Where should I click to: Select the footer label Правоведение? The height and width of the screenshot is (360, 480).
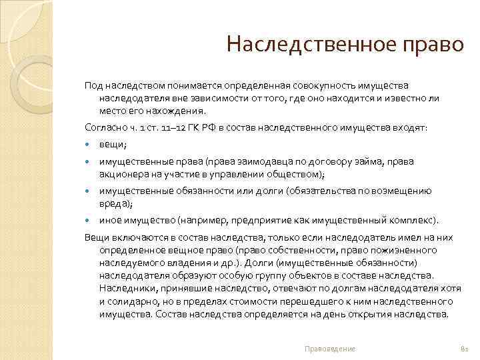[329, 349]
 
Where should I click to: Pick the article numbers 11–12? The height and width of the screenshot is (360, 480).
[169, 126]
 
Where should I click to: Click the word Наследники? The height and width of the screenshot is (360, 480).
[125, 288]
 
